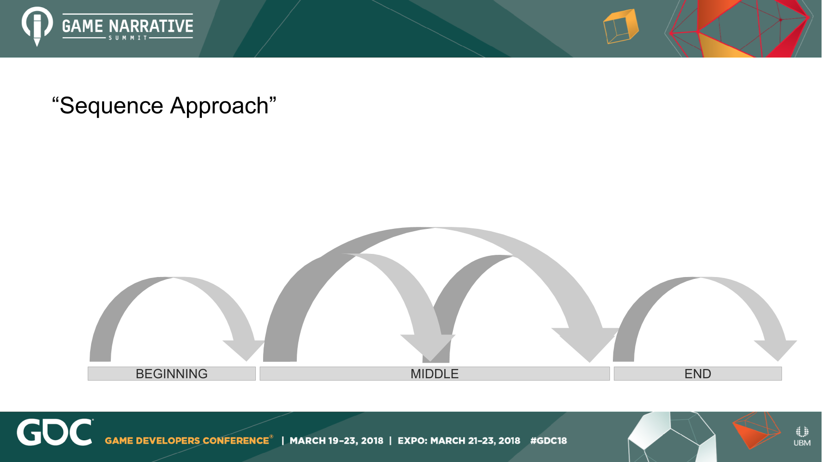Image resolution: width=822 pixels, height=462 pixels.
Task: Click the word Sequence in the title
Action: [111, 106]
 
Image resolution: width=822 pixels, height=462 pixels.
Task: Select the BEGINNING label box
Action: [172, 373]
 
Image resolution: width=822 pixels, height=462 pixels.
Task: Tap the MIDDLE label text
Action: [435, 374]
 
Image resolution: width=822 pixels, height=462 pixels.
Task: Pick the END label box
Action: [698, 373]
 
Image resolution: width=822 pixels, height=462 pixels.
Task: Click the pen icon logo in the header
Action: [37, 26]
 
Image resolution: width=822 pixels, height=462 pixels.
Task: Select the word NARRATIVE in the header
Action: [151, 26]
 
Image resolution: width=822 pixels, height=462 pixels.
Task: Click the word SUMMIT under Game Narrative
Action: [128, 38]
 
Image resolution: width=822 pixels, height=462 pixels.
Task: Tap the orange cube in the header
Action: [621, 26]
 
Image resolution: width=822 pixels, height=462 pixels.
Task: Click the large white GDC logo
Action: [54, 432]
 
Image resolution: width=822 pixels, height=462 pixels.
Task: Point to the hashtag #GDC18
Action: [549, 441]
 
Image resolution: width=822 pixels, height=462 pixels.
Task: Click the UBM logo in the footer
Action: [802, 436]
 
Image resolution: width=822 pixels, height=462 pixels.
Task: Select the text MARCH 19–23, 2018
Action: [336, 441]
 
